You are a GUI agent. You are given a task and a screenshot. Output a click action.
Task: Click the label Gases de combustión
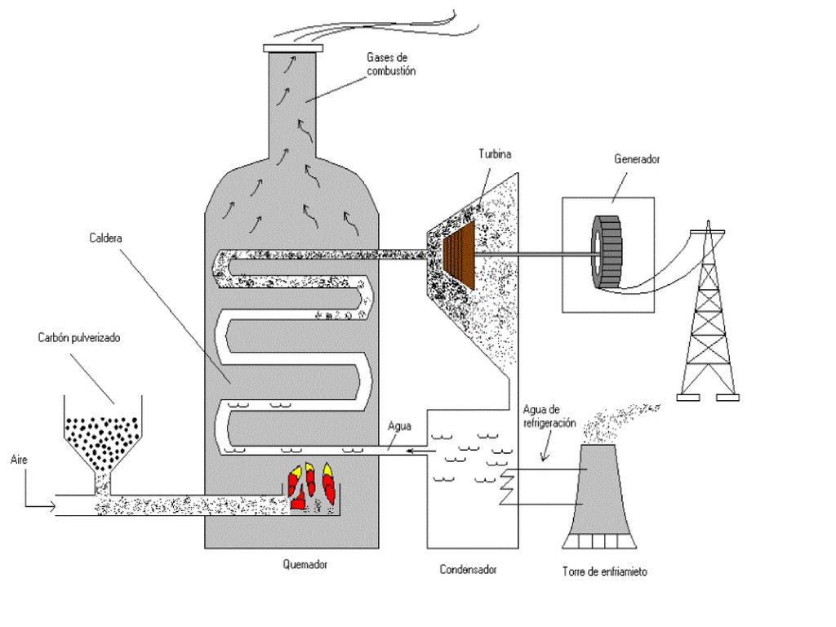[391, 64]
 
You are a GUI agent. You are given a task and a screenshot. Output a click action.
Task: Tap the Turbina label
[495, 154]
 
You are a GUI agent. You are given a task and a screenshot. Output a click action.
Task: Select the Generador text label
[637, 159]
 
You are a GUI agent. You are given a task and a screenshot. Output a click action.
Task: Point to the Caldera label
[105, 238]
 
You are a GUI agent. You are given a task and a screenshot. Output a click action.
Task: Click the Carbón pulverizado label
[79, 337]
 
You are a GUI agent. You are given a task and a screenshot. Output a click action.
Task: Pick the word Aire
[19, 460]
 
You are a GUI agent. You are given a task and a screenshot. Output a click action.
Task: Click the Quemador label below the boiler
[305, 564]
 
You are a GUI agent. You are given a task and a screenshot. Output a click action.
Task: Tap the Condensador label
[468, 569]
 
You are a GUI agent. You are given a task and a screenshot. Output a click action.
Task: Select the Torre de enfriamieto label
[605, 571]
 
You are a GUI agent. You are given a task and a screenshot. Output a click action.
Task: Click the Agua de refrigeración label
[549, 416]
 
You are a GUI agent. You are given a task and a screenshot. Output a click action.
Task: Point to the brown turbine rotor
[459, 255]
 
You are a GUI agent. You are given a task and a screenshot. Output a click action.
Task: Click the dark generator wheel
[607, 252]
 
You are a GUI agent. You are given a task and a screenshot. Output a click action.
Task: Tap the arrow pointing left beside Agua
[421, 451]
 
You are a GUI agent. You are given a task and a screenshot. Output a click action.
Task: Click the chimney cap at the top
[293, 48]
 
